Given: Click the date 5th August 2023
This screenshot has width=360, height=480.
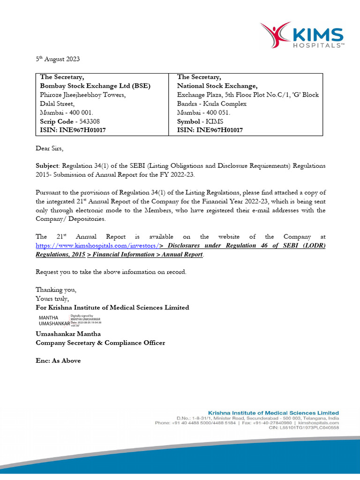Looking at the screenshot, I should point(58,59).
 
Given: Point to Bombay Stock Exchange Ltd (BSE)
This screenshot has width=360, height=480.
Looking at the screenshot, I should point(95,86).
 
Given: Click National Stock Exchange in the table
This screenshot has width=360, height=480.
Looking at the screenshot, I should point(217,86).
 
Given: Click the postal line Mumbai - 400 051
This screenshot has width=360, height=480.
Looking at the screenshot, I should point(203,112).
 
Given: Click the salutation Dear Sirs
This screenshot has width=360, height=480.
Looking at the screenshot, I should point(49,149).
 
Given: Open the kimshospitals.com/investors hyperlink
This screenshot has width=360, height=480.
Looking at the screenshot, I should point(97,246).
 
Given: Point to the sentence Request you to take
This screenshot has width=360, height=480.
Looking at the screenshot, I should point(111,272).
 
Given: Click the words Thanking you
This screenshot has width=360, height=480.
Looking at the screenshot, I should point(56,290).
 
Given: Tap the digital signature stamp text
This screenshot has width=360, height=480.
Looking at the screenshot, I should point(86,321).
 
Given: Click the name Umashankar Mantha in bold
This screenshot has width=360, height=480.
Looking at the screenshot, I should point(68,334).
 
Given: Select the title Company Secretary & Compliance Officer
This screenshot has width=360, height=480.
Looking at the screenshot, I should point(100,343).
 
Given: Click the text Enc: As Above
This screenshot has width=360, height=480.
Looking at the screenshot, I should point(58,360).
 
